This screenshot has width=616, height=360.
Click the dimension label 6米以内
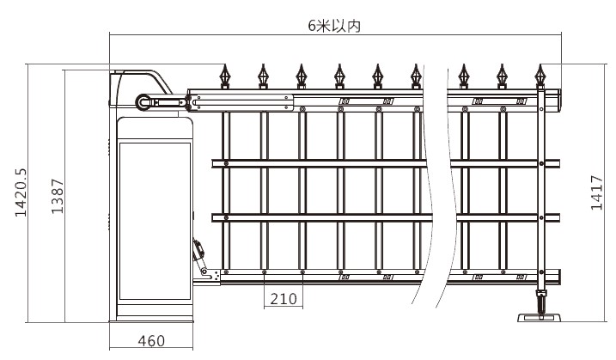(334, 26)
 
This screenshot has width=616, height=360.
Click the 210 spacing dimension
(283, 299)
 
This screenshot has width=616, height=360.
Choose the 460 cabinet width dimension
(151, 341)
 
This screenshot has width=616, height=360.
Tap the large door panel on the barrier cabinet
(155, 228)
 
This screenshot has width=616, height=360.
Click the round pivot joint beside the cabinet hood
(143, 102)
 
